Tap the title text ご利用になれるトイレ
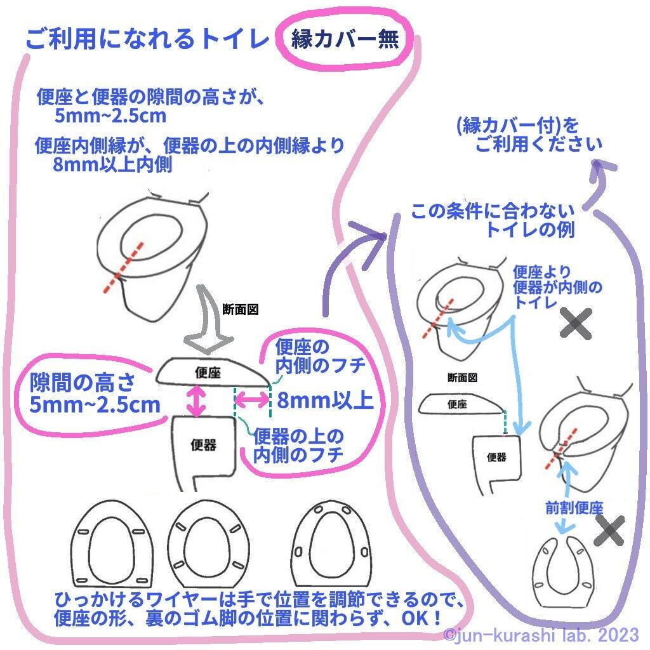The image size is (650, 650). point(148,40)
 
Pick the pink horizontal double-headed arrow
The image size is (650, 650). point(253,400)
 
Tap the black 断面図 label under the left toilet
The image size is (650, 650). point(240,309)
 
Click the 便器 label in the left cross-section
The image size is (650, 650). point(203,445)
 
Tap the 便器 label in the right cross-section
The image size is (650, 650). point(497,456)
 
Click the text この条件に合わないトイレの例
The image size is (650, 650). point(493,220)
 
